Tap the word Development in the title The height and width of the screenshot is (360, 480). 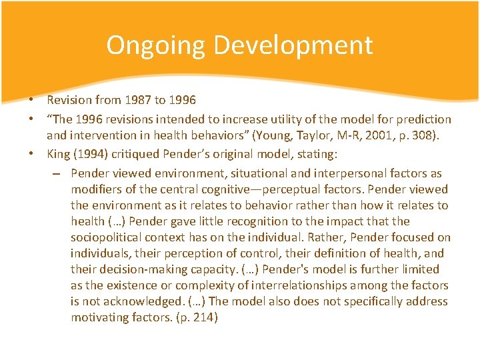pyautogui.click(x=294, y=45)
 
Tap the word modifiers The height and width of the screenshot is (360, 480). pyautogui.click(x=97, y=189)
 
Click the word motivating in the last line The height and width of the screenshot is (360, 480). pyautogui.click(x=104, y=317)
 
